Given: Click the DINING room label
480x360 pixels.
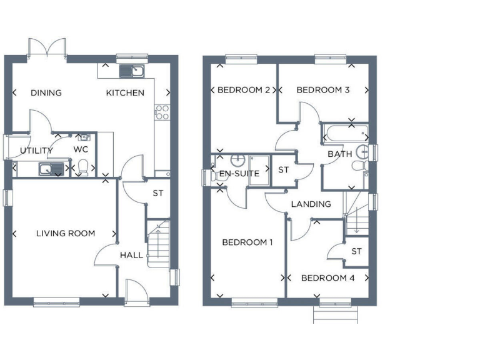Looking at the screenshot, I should pyautogui.click(x=46, y=93).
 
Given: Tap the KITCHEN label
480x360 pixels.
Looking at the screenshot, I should pyautogui.click(x=125, y=93).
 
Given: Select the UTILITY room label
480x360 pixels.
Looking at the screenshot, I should pyautogui.click(x=36, y=151).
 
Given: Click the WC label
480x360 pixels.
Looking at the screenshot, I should pyautogui.click(x=81, y=149).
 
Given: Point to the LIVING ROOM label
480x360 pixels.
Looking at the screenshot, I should pyautogui.click(x=66, y=234).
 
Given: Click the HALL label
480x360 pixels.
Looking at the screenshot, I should pyautogui.click(x=131, y=255).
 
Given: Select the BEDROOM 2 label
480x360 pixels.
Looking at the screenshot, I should pyautogui.click(x=243, y=90).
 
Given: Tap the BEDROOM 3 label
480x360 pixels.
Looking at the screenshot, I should pyautogui.click(x=323, y=90).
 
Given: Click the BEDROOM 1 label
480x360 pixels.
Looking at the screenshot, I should pyautogui.click(x=247, y=242).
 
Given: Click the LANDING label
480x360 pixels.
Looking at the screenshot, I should pyautogui.click(x=311, y=204).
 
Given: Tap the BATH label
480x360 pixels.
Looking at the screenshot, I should pyautogui.click(x=340, y=154).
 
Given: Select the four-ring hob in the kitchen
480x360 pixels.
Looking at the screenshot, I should pyautogui.click(x=162, y=112).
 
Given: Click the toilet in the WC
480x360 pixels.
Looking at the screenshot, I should pyautogui.click(x=82, y=167).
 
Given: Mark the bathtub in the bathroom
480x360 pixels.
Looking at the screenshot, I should pyautogui.click(x=344, y=132).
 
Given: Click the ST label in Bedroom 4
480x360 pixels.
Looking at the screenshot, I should pyautogui.click(x=356, y=251).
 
